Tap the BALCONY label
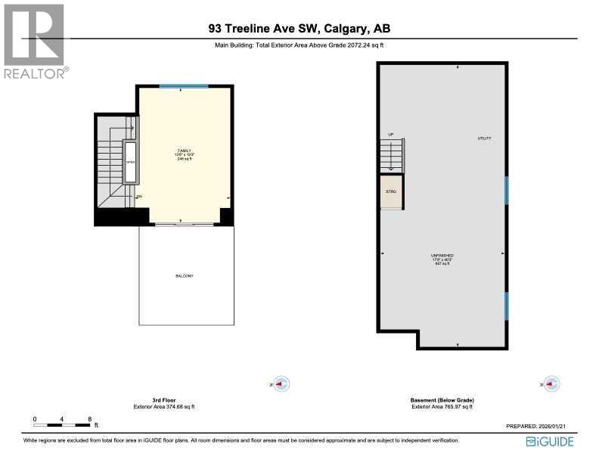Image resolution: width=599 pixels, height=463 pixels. click(185, 276)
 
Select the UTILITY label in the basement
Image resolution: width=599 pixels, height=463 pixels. click(484, 138)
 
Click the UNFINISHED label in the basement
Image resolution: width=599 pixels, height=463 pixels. click(442, 256)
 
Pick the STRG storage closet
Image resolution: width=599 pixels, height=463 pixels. click(391, 192)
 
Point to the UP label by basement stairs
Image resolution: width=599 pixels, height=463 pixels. click(391, 135)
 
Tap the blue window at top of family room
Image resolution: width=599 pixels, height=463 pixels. click(184, 86)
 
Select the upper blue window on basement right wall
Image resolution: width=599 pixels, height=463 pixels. click(506, 190)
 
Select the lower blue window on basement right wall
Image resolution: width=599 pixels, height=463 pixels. click(506, 305)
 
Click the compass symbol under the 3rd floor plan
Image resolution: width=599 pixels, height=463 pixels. click(281, 384)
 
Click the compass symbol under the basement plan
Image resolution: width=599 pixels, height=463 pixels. click(553, 384)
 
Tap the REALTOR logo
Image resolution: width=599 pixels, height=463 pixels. click(36, 42)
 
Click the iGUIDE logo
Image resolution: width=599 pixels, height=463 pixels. click(553, 441)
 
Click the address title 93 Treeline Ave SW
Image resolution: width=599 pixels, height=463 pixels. click(299, 29)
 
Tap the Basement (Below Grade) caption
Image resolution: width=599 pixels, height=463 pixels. click(442, 400)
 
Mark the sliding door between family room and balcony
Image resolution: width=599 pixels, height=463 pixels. click(184, 225)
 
